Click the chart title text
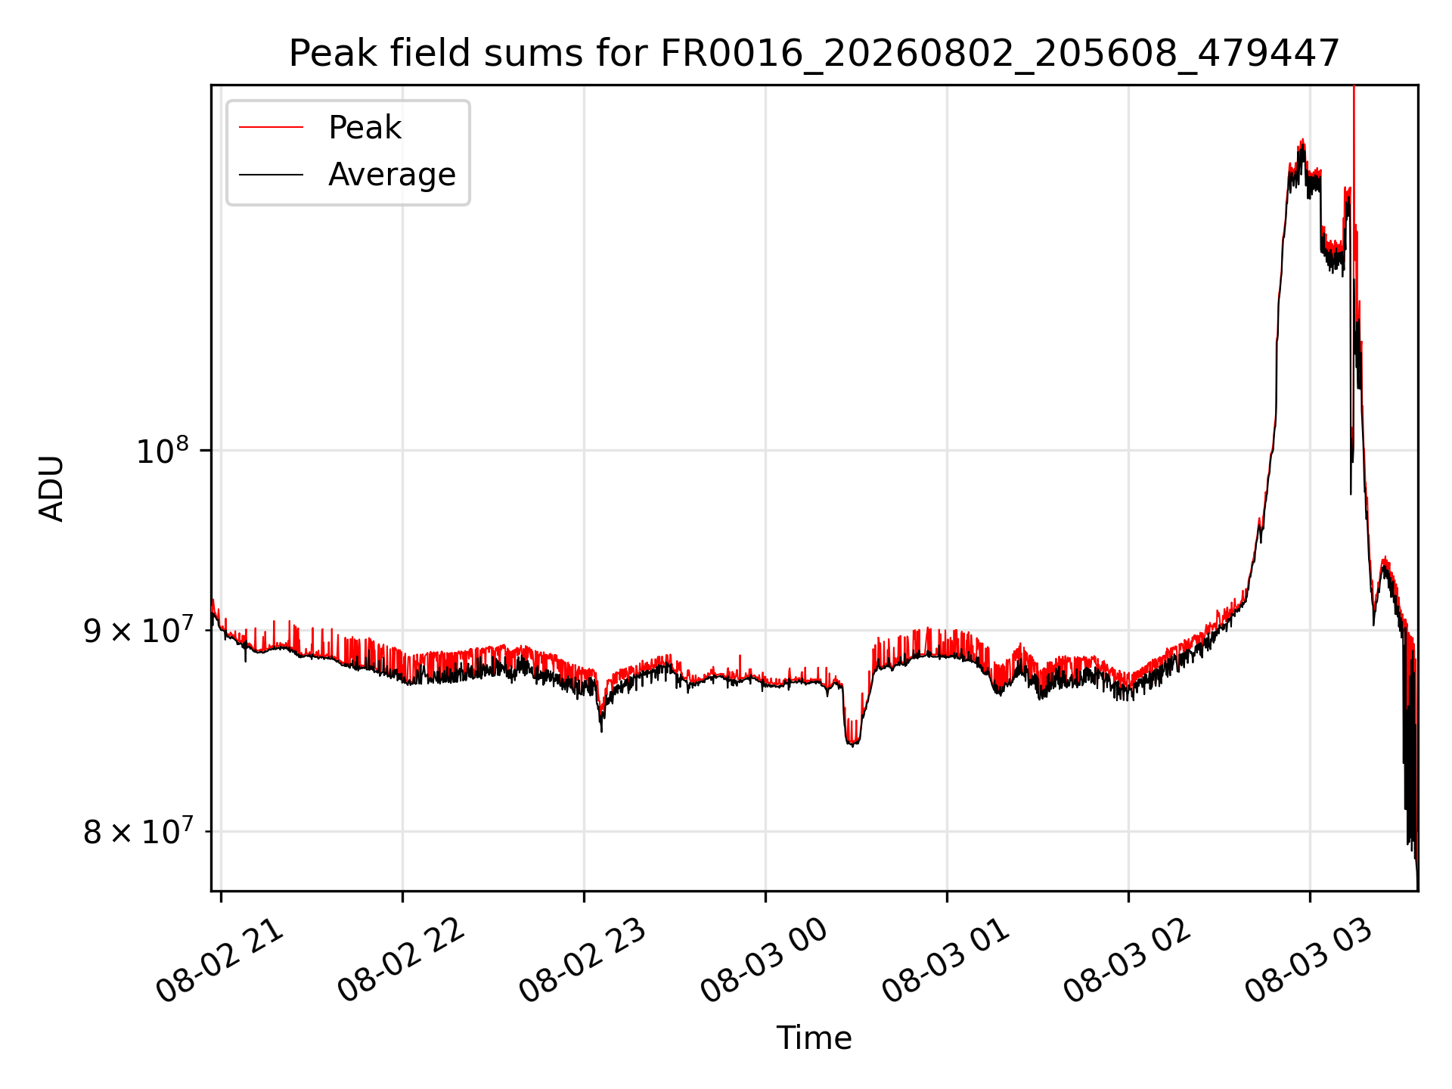[814, 54]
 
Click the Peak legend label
[365, 128]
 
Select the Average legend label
[392, 175]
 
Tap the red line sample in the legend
[271, 128]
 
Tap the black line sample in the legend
[271, 175]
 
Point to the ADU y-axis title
[51, 488]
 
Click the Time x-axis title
[814, 1038]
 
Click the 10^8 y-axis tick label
[161, 451]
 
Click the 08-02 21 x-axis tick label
[220, 960]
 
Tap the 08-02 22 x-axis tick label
[402, 960]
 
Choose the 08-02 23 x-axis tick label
[583, 960]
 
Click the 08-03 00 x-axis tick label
[765, 960]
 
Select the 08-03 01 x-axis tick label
[946, 960]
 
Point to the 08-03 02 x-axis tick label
[1128, 960]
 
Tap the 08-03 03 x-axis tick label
[1309, 960]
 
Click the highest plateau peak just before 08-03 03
[1302, 141]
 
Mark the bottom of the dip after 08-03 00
[852, 744]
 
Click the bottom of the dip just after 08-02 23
[601, 730]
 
